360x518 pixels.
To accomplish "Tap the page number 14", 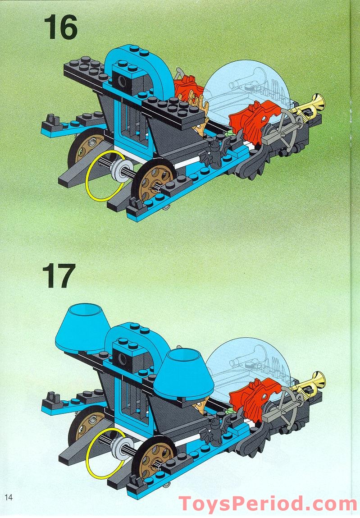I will pos(9,497).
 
